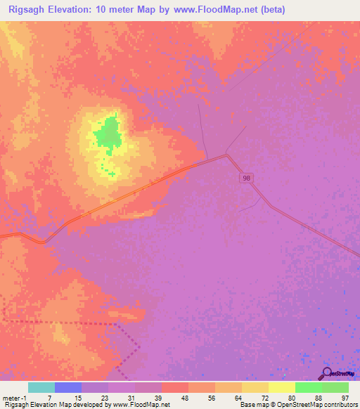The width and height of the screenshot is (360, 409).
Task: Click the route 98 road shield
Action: click(x=245, y=178)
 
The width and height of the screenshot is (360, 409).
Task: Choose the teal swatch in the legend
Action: click(x=41, y=387)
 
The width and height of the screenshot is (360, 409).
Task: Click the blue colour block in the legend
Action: click(x=68, y=387)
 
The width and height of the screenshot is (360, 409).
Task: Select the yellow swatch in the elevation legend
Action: click(x=281, y=387)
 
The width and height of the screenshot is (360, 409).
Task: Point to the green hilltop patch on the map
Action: click(x=108, y=134)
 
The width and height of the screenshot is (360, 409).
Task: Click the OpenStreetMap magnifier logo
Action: click(x=326, y=373)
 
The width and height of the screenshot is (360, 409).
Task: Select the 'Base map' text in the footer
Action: click(x=252, y=405)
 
